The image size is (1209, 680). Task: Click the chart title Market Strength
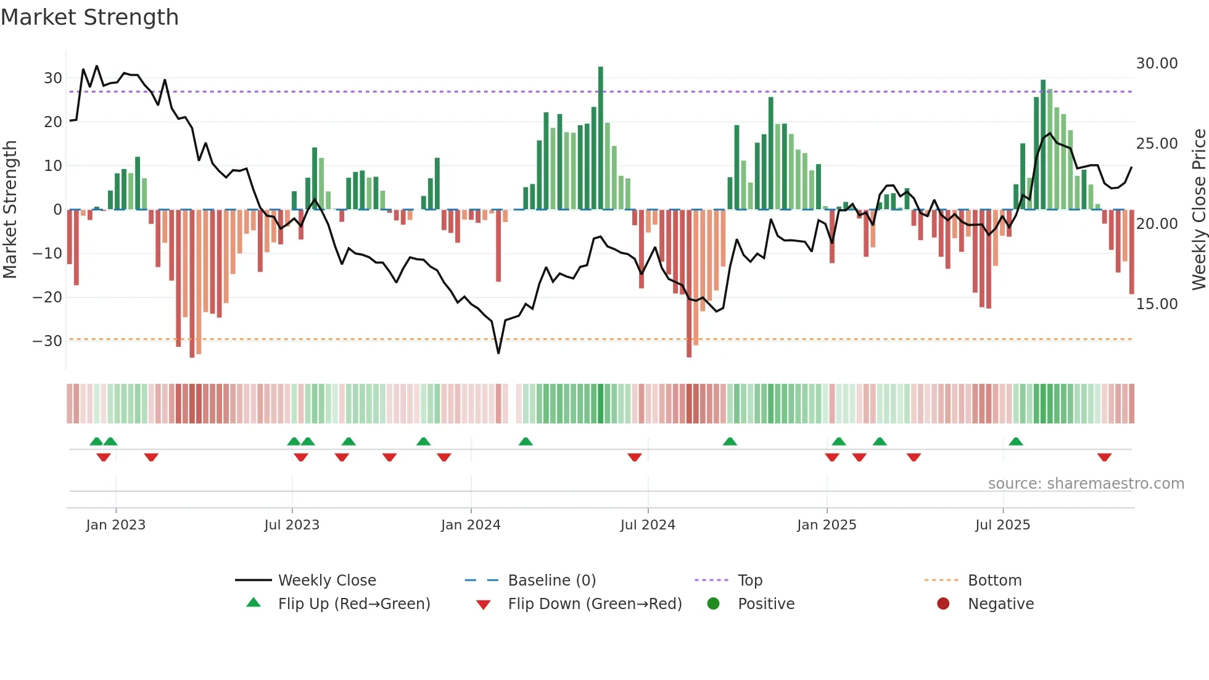(x=90, y=17)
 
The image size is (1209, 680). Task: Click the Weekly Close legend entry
(x=326, y=581)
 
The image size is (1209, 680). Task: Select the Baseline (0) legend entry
(x=551, y=581)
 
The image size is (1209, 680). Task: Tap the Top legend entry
(x=749, y=581)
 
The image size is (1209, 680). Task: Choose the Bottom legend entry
(x=994, y=581)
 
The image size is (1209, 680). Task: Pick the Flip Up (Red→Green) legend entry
(x=353, y=604)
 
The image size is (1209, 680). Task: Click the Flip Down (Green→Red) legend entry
(x=595, y=604)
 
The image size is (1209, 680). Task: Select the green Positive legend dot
(x=714, y=604)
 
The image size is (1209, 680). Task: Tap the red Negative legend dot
(x=943, y=604)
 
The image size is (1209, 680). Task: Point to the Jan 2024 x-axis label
(x=471, y=525)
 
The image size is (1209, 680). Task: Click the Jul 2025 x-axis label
(x=1002, y=525)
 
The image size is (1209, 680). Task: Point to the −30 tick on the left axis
(x=47, y=341)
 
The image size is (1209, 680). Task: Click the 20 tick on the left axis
(x=53, y=122)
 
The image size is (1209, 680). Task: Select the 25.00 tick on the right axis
(x=1157, y=144)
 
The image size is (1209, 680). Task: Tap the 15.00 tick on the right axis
(x=1157, y=304)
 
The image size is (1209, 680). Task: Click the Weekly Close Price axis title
(x=1199, y=210)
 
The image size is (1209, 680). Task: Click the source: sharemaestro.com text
(x=1086, y=484)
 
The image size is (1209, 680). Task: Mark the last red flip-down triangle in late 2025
(x=1104, y=457)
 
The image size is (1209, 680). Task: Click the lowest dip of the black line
(x=498, y=352)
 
